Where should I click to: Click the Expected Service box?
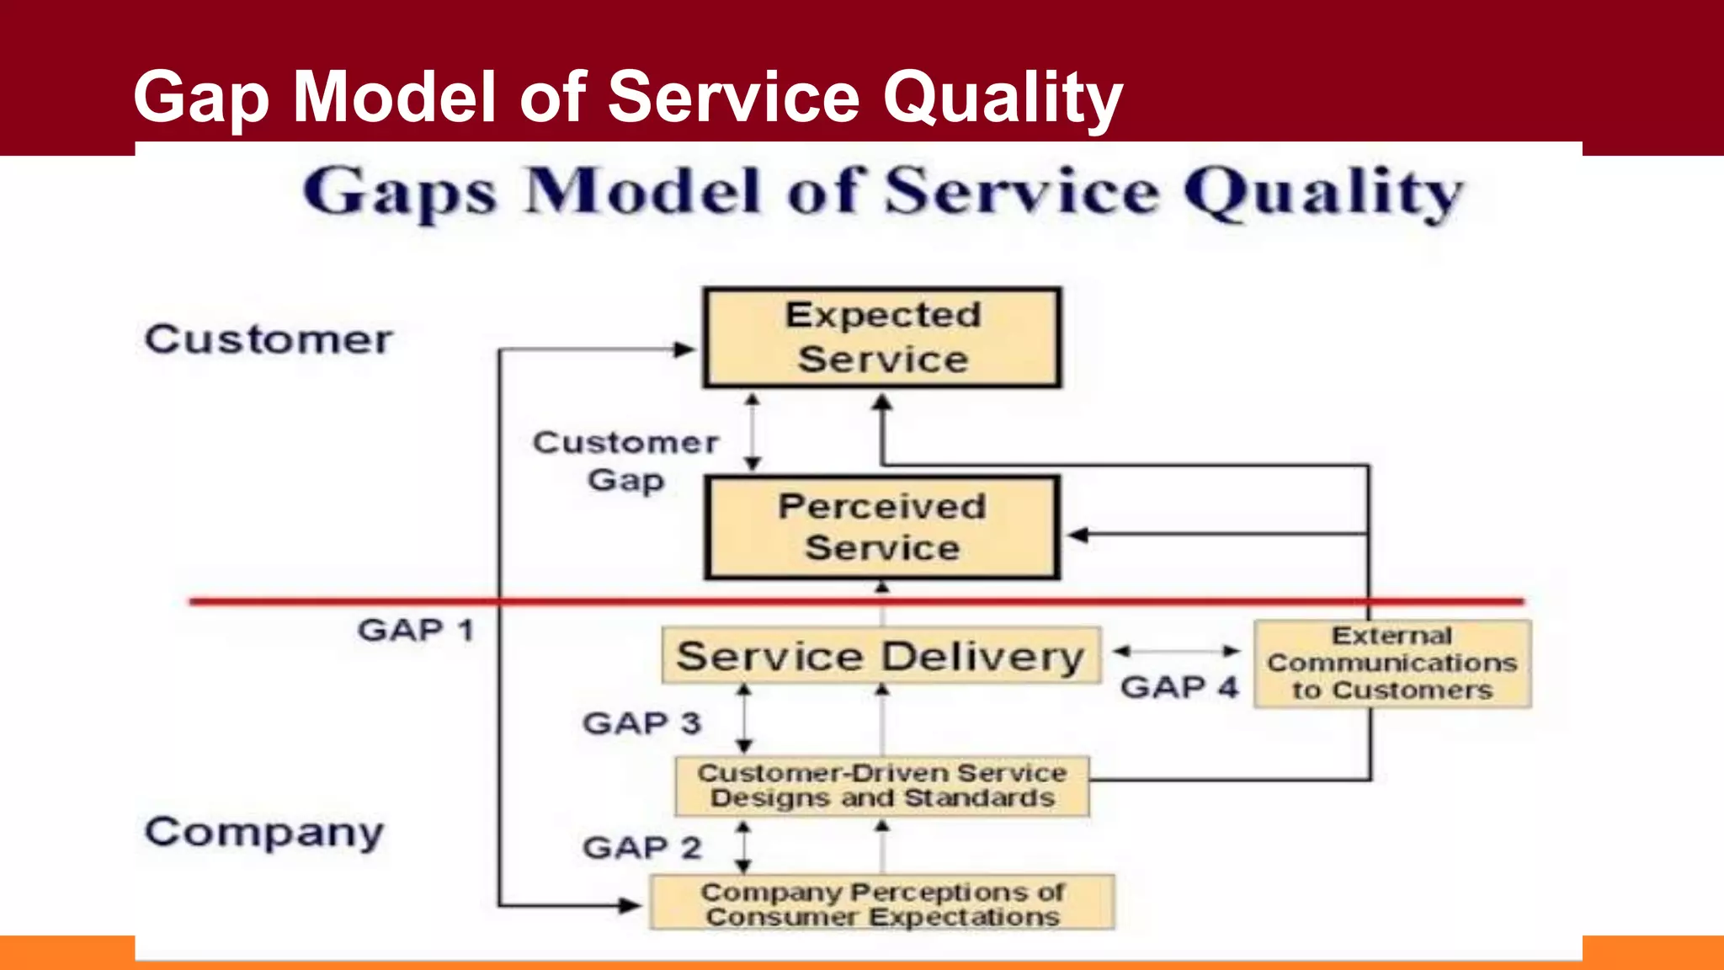click(882, 338)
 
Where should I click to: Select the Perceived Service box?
click(882, 527)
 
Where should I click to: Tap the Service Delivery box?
click(881, 655)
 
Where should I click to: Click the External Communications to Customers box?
click(1392, 664)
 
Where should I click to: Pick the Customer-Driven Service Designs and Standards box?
click(881, 786)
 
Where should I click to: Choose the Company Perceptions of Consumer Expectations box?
click(881, 903)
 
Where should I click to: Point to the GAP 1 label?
click(416, 630)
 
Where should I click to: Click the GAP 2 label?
click(641, 847)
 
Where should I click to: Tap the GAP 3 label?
click(641, 722)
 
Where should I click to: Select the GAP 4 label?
click(1179, 687)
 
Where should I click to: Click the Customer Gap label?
click(625, 461)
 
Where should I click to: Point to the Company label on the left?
click(264, 832)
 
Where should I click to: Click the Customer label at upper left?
click(269, 339)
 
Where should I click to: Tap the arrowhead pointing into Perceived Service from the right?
click(1077, 535)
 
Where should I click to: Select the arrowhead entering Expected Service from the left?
click(685, 349)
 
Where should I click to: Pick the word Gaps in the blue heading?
click(399, 193)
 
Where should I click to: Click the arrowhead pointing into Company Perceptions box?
click(630, 906)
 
